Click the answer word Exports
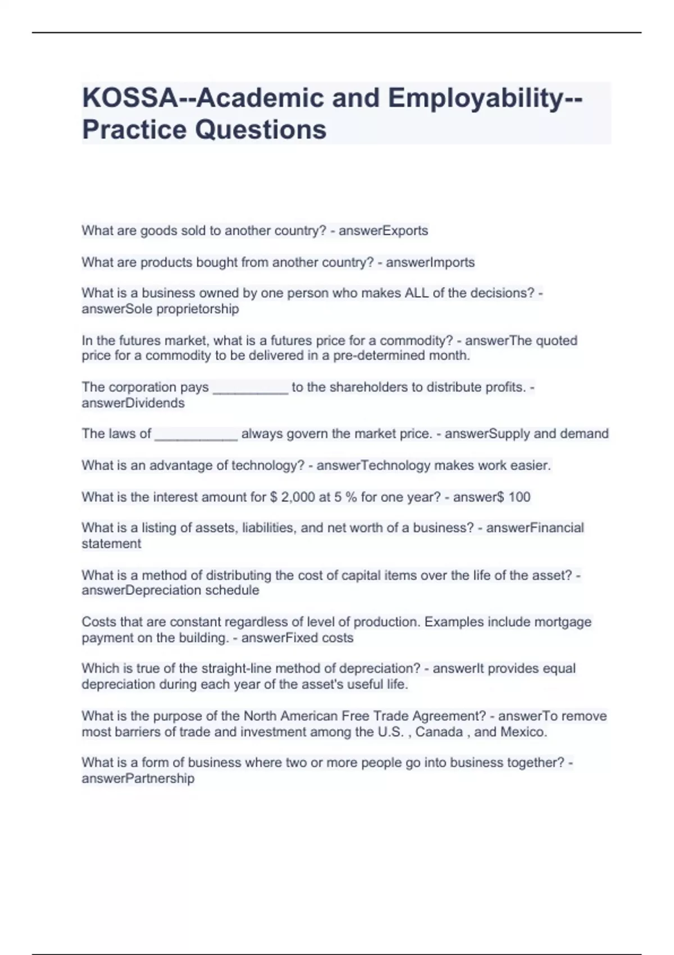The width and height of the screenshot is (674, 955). click(x=405, y=231)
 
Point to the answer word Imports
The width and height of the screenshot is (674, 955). click(x=452, y=262)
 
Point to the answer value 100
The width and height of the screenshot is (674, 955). click(x=519, y=497)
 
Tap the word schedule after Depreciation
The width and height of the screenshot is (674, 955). click(x=232, y=590)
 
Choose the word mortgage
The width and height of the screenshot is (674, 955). click(x=563, y=622)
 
